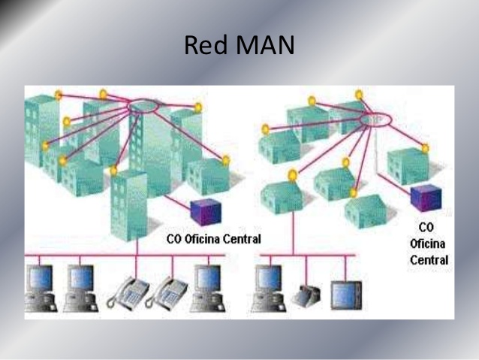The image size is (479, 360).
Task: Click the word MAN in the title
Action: click(262, 47)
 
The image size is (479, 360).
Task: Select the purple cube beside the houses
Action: click(424, 198)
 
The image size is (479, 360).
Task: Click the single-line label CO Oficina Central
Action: click(212, 240)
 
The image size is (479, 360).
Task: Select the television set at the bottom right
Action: click(346, 295)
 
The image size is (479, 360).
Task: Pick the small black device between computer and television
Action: click(308, 295)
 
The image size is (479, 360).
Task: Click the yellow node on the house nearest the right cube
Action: click(425, 149)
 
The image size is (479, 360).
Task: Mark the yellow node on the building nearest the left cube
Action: click(225, 159)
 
